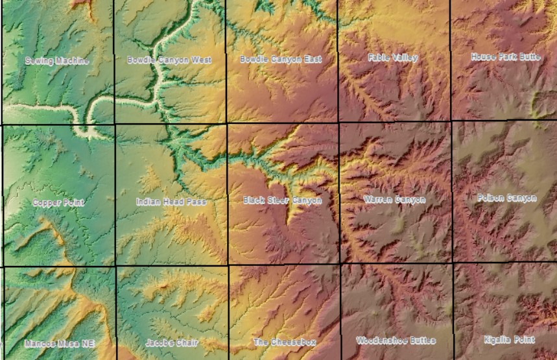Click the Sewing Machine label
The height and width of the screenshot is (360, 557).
[57, 60]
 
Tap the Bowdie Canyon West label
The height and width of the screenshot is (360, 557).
[169, 60]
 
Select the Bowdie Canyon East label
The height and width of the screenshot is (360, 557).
[281, 59]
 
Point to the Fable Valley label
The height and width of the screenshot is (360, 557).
[393, 58]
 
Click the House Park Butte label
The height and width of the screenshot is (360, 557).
[506, 57]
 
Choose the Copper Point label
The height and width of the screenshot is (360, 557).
[58, 202]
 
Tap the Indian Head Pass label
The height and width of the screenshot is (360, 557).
[171, 202]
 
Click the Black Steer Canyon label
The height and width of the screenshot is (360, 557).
[282, 200]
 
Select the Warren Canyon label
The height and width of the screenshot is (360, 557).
[394, 199]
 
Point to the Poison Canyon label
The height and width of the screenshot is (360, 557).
[507, 198]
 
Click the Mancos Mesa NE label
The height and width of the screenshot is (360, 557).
[60, 343]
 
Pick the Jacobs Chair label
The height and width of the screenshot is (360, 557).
[172, 342]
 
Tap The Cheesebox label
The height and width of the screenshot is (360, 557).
[283, 342]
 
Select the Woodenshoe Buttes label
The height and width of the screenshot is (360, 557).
[396, 341]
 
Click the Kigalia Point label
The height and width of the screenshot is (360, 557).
[509, 339]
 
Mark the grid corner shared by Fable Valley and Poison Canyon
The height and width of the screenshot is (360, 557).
[451, 121]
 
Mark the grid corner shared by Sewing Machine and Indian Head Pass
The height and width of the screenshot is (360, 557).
[115, 124]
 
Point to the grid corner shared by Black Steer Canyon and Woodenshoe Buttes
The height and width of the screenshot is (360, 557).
[340, 263]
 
